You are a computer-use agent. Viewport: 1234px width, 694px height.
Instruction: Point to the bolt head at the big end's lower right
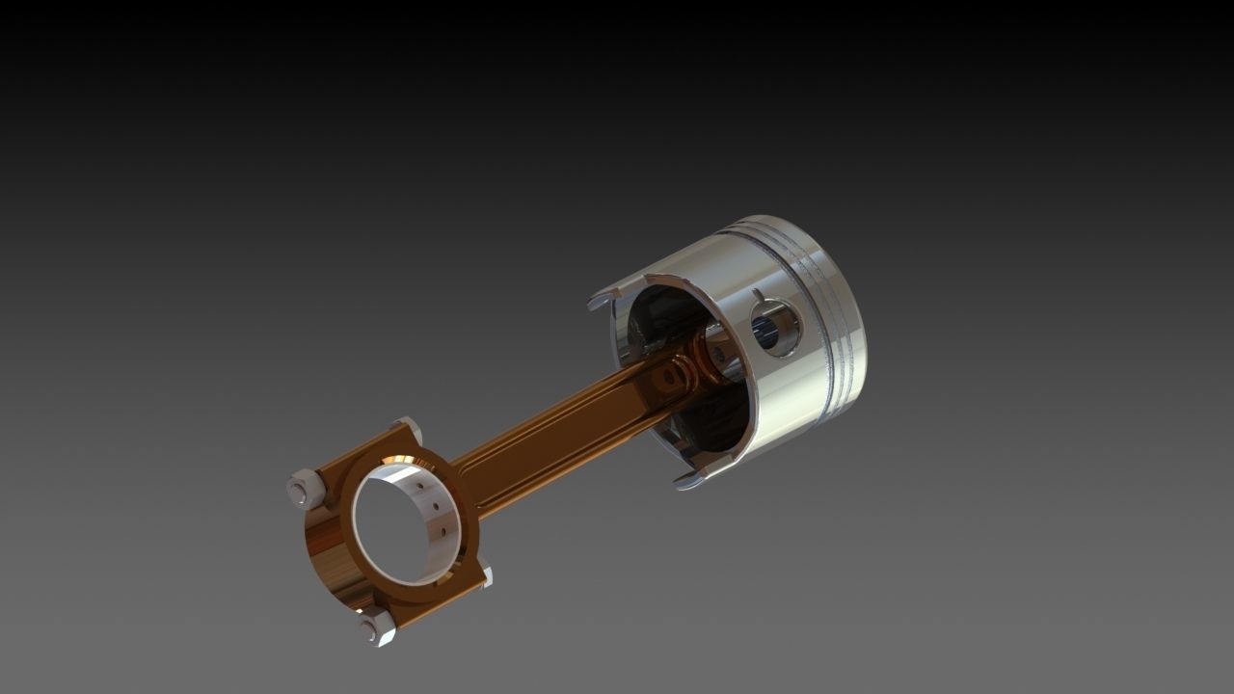pyautogui.click(x=485, y=577)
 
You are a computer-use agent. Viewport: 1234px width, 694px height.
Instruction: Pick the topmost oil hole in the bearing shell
pyautogui.click(x=420, y=487)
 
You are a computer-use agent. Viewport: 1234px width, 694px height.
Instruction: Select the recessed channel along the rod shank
pyautogui.click(x=559, y=424)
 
